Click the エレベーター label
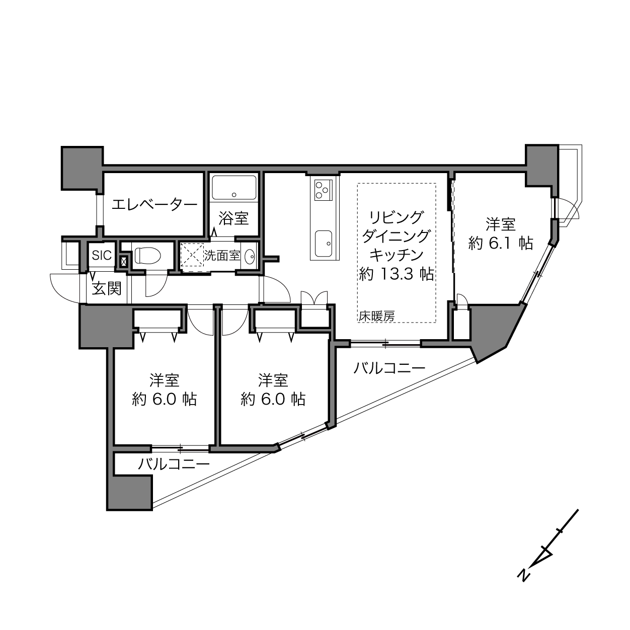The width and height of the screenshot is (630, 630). point(154,205)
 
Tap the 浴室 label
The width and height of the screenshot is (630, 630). point(233,218)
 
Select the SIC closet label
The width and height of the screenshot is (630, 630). point(102,255)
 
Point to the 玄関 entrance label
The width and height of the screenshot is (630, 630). point(107,288)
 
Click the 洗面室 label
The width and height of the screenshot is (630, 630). point(222,255)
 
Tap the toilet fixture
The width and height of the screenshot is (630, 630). point(147,255)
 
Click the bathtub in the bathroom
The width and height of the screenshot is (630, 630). point(234,188)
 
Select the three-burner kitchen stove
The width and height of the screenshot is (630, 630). point(323,190)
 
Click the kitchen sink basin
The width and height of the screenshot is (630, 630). point(324,244)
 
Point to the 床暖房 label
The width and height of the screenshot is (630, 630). point(376,316)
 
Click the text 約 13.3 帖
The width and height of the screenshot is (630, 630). point(396,274)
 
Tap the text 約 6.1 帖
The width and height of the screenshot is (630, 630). point(501,244)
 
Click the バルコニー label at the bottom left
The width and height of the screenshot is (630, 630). point(173,464)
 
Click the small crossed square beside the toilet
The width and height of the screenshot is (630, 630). point(124,261)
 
